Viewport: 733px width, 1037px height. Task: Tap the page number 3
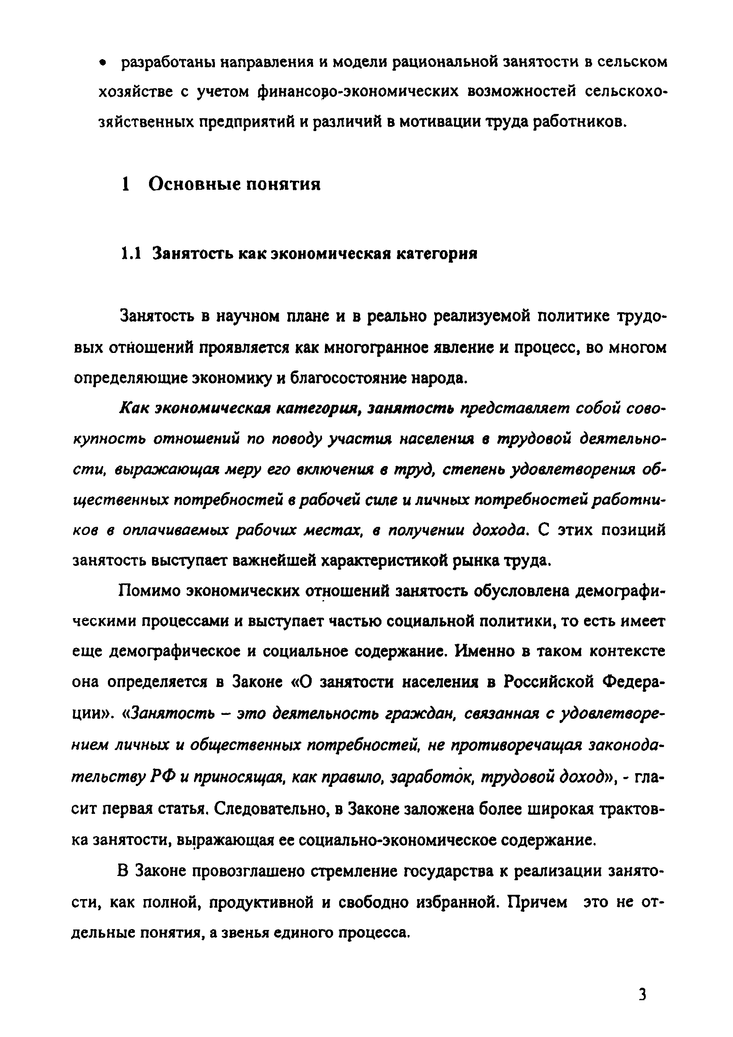tap(643, 993)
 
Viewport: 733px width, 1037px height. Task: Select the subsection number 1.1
tap(131, 254)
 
